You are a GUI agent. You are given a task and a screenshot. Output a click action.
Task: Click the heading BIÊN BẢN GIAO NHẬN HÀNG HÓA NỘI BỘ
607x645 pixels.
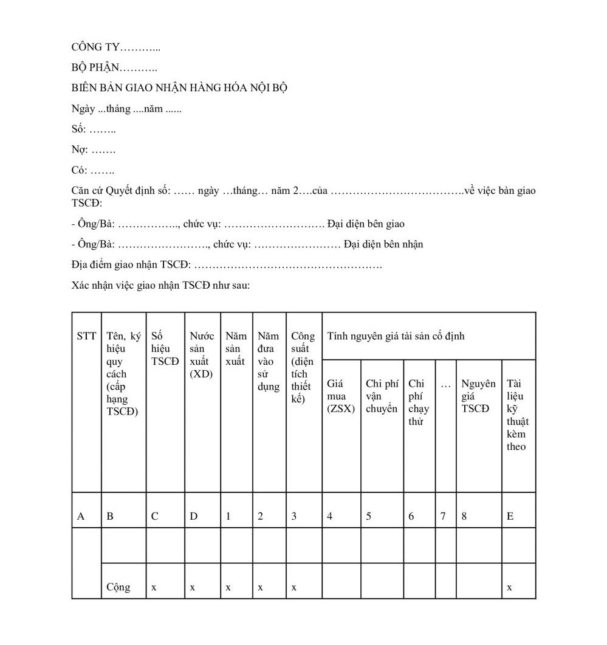(x=179, y=88)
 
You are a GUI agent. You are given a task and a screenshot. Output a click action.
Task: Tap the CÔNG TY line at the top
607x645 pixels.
(x=116, y=47)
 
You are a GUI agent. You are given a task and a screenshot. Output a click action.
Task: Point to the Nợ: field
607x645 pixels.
(x=93, y=150)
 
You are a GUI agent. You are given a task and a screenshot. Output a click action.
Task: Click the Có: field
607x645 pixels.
(x=92, y=170)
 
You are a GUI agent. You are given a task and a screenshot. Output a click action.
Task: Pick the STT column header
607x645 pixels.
(x=86, y=336)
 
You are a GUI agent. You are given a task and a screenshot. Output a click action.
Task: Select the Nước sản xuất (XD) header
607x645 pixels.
(x=202, y=354)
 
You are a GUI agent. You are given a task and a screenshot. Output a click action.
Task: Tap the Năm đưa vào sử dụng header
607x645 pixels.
(x=269, y=360)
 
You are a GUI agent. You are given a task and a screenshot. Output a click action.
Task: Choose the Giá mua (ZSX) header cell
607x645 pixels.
(x=340, y=396)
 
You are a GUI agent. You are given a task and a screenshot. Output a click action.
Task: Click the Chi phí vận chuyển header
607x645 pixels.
(x=382, y=396)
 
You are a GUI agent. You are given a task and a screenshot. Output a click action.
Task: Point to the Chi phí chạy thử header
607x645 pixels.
(x=419, y=402)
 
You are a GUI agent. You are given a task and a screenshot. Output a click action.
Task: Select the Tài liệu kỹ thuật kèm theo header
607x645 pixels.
(x=517, y=415)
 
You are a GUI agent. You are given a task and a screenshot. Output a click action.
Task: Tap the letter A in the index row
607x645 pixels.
(x=81, y=516)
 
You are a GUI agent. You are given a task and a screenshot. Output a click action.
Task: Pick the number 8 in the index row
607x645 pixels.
(x=464, y=516)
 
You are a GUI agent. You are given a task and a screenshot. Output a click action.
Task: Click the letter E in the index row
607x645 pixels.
(x=510, y=516)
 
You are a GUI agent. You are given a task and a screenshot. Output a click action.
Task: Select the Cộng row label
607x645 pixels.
(x=118, y=587)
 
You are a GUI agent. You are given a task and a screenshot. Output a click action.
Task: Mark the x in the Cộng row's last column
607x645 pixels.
(x=509, y=587)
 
